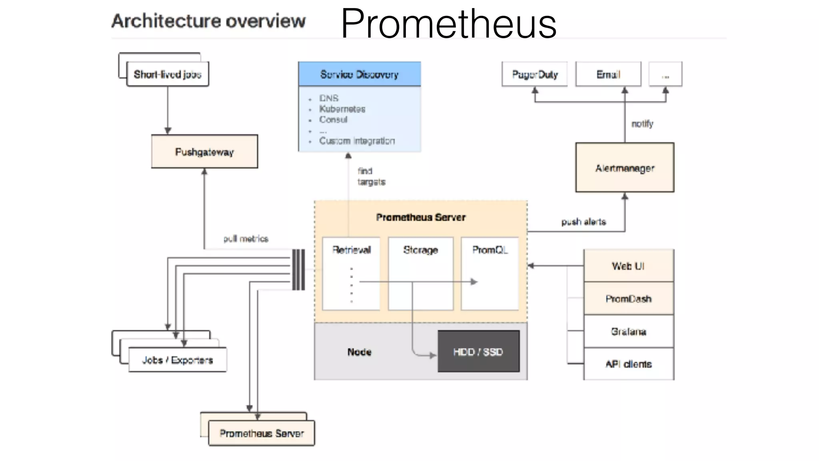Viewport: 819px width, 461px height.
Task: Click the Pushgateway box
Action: [204, 152]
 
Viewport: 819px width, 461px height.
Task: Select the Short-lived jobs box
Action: [168, 74]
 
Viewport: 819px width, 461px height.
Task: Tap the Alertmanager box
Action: [625, 168]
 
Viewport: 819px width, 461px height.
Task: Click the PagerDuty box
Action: [535, 74]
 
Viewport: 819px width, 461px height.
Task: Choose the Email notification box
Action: [608, 74]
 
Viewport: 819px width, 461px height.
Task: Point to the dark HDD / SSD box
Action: [478, 351]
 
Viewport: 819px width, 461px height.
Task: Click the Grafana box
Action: [629, 331]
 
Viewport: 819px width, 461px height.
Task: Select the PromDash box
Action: [629, 299]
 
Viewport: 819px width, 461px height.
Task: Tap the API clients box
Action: [629, 364]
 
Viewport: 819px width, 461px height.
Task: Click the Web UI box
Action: [629, 266]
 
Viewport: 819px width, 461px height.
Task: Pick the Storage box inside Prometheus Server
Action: [421, 274]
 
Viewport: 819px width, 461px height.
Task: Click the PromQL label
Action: [490, 250]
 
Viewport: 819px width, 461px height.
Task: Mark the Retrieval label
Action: [352, 250]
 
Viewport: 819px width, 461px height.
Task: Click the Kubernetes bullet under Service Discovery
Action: [342, 109]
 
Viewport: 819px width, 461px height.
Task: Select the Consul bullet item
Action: [333, 120]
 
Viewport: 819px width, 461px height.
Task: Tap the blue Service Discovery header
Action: [359, 74]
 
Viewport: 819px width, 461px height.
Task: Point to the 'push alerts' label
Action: [583, 222]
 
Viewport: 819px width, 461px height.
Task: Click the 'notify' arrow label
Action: [642, 124]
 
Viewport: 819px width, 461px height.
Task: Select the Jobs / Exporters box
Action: [178, 360]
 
